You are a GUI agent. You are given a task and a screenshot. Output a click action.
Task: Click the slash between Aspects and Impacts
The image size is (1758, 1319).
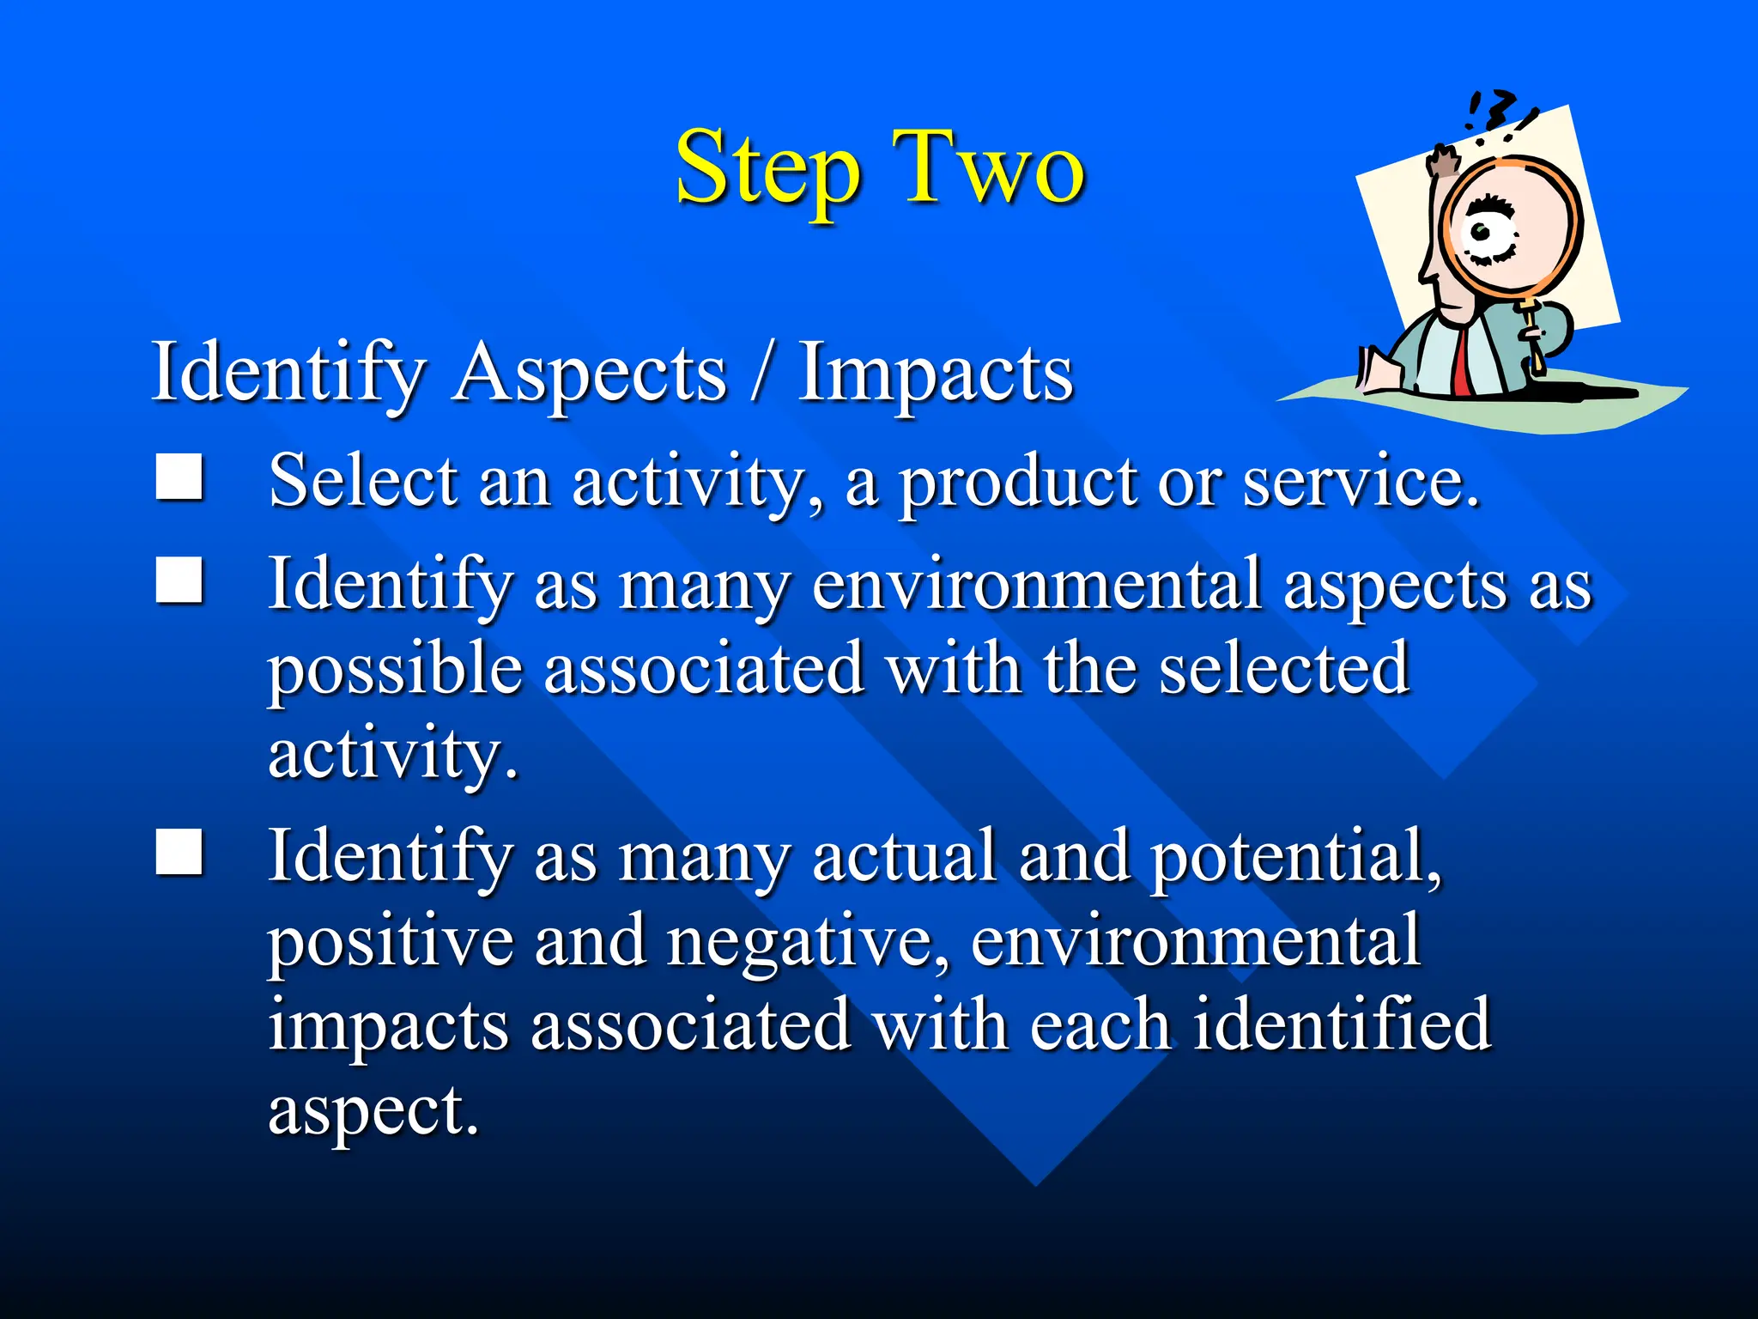click(x=761, y=374)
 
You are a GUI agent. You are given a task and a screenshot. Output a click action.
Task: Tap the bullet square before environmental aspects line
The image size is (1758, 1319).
click(x=179, y=580)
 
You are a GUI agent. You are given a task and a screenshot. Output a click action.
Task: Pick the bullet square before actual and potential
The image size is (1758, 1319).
click(x=179, y=852)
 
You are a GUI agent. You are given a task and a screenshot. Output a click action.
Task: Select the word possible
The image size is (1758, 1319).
click(x=395, y=670)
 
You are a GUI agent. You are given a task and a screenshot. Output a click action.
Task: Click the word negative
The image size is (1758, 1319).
click(x=807, y=941)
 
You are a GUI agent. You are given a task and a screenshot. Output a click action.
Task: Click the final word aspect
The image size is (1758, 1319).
click(x=373, y=1111)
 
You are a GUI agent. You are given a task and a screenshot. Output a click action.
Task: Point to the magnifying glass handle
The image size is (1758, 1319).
click(x=1533, y=339)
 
